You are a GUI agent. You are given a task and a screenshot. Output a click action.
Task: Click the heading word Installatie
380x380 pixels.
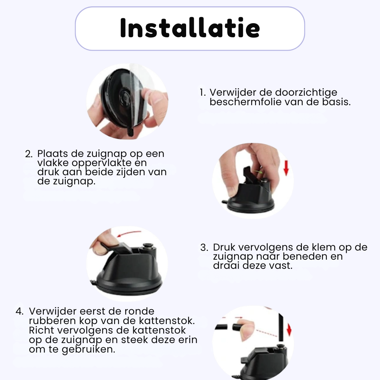(x=190, y=28)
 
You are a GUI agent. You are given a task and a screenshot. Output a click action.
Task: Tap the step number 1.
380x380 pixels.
(x=202, y=93)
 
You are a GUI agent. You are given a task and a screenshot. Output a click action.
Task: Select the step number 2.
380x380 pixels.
(x=29, y=154)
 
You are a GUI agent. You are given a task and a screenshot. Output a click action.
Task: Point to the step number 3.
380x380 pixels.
(x=204, y=247)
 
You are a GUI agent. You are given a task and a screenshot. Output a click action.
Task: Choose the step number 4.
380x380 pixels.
(x=20, y=312)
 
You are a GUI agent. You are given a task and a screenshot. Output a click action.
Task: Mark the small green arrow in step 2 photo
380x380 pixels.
(x=260, y=172)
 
